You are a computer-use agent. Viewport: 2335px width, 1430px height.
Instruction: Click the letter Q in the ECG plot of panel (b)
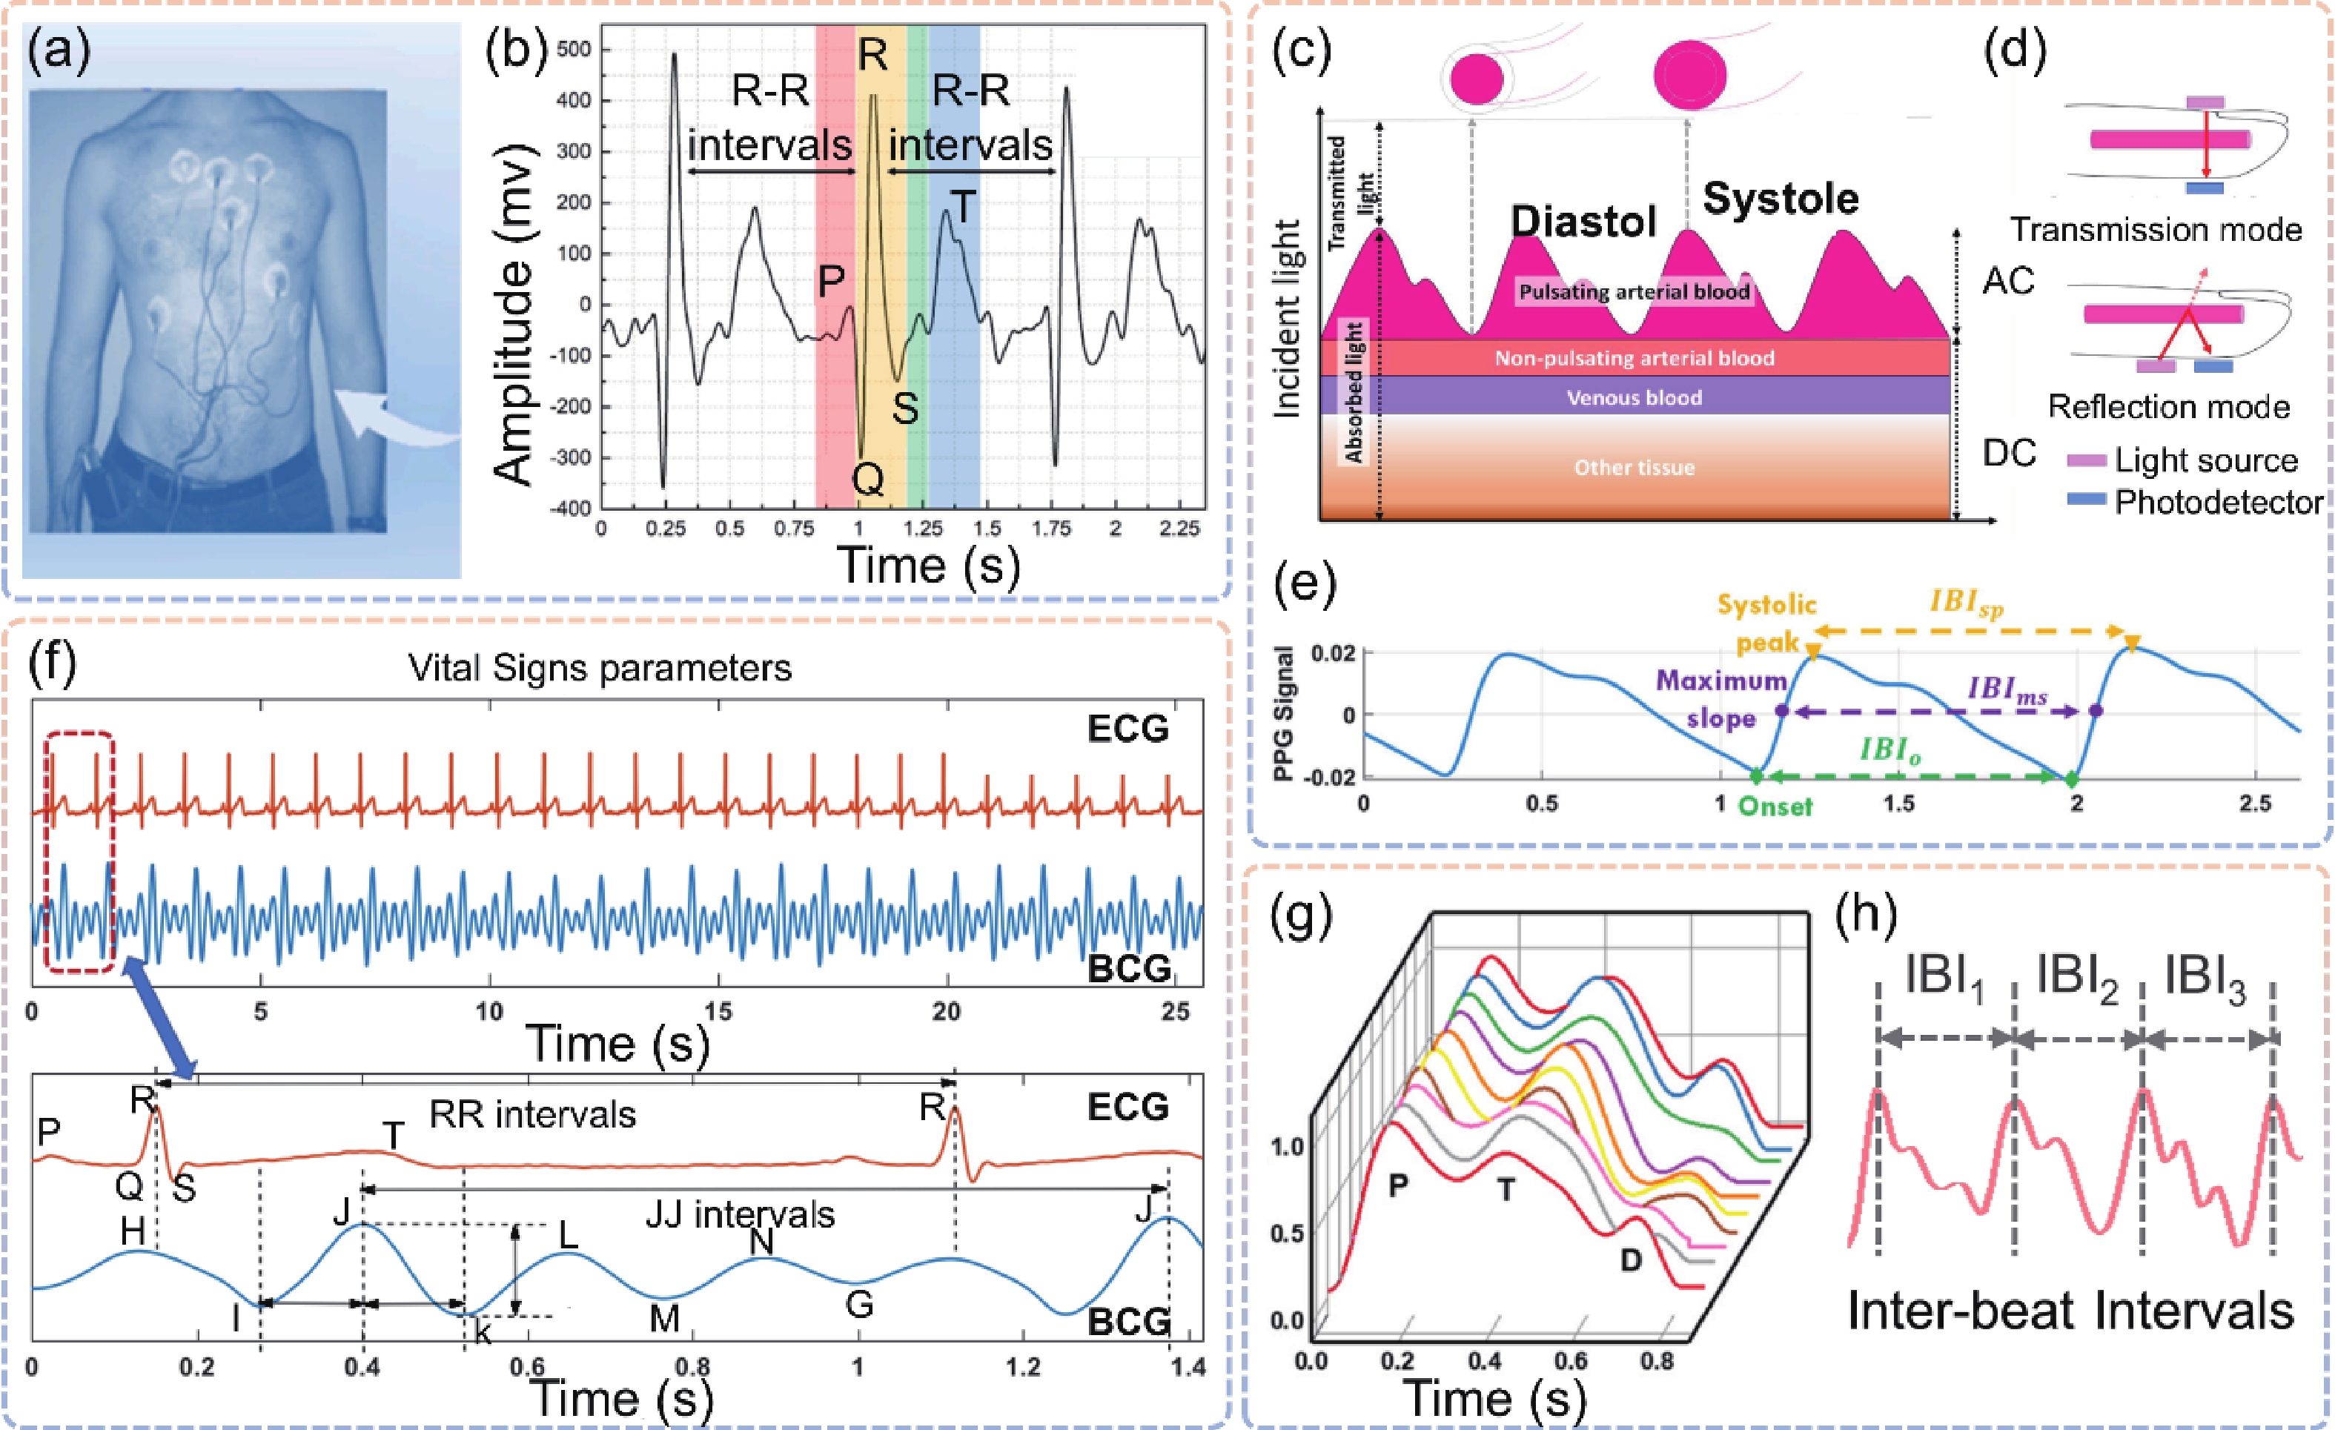[868, 480]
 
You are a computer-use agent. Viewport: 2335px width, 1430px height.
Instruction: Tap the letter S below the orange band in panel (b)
[905, 408]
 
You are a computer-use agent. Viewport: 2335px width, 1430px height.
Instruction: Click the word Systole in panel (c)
[1780, 199]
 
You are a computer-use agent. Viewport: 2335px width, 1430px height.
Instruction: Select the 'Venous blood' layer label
[1634, 398]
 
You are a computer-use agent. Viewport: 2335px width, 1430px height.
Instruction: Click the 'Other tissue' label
[1634, 467]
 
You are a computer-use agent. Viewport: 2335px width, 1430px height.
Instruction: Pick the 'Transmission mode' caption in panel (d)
[2156, 229]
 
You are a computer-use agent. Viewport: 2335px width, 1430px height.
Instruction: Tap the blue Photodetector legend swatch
[2087, 498]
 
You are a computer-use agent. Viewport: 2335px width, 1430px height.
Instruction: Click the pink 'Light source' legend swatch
[2087, 460]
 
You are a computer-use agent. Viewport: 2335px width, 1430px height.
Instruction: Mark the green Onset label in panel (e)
[1775, 807]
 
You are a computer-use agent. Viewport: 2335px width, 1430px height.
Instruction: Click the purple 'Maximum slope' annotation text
[1721, 699]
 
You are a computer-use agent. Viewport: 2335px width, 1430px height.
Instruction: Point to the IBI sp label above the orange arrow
[1967, 603]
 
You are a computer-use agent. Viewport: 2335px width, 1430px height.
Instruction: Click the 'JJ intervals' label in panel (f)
[740, 1214]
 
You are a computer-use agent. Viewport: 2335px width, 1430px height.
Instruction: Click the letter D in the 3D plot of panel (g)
[1630, 1260]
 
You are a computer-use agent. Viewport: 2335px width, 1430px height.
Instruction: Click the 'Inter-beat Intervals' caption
[2070, 1311]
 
